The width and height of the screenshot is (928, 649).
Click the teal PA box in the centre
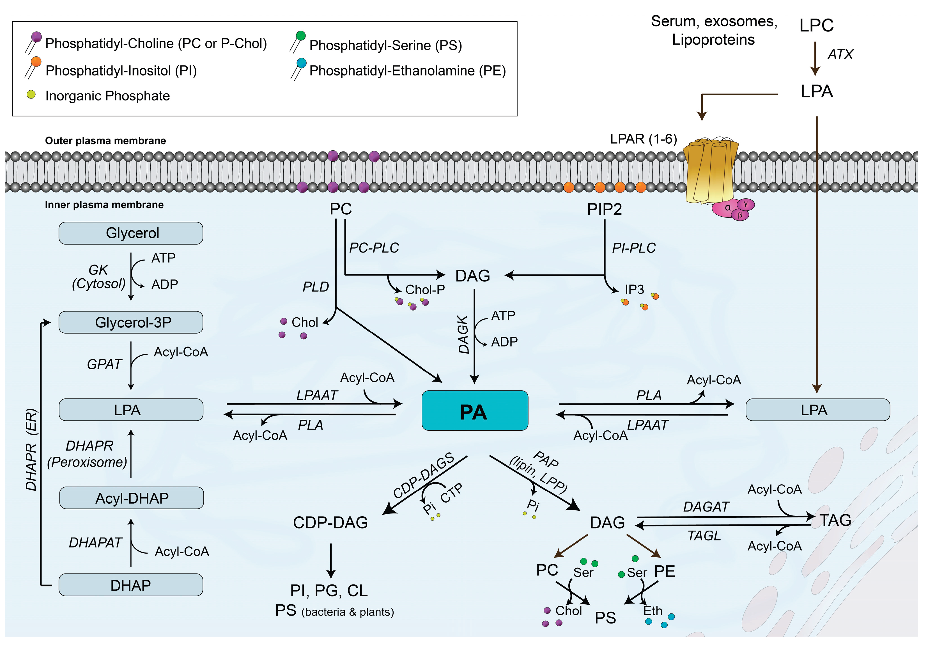pyautogui.click(x=474, y=411)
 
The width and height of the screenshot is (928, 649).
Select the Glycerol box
pyautogui.click(x=131, y=233)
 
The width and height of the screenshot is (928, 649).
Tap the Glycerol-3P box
pyautogui.click(x=131, y=322)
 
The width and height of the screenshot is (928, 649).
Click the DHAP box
pyautogui.click(x=131, y=585)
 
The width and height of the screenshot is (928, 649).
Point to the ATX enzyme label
pyautogui.click(x=840, y=54)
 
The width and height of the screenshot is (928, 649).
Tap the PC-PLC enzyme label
pyautogui.click(x=374, y=247)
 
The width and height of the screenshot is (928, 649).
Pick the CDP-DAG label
pyautogui.click(x=330, y=522)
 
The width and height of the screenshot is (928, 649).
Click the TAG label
pyautogui.click(x=835, y=520)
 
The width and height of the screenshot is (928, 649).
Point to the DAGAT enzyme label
pyautogui.click(x=706, y=507)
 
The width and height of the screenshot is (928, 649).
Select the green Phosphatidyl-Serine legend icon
pyautogui.click(x=300, y=36)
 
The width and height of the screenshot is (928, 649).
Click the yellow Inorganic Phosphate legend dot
pyautogui.click(x=31, y=95)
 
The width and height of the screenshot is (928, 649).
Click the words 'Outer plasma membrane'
pyautogui.click(x=105, y=141)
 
